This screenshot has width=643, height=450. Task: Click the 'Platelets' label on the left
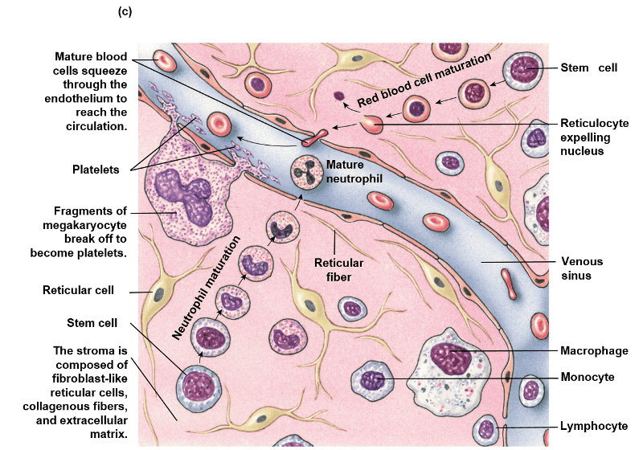pyautogui.click(x=94, y=170)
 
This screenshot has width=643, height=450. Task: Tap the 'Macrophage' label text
pyautogui.click(x=594, y=351)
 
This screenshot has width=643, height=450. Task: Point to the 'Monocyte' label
pyautogui.click(x=588, y=376)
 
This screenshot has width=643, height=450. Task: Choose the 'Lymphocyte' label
pyautogui.click(x=593, y=427)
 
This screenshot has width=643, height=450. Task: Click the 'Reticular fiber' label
pyautogui.click(x=338, y=269)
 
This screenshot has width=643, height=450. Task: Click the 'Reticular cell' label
pyautogui.click(x=89, y=289)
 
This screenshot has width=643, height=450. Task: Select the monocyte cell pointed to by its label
pyautogui.click(x=375, y=382)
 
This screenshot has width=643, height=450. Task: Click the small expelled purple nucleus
pyautogui.click(x=338, y=96)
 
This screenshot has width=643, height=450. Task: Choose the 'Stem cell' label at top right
pyautogui.click(x=589, y=68)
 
